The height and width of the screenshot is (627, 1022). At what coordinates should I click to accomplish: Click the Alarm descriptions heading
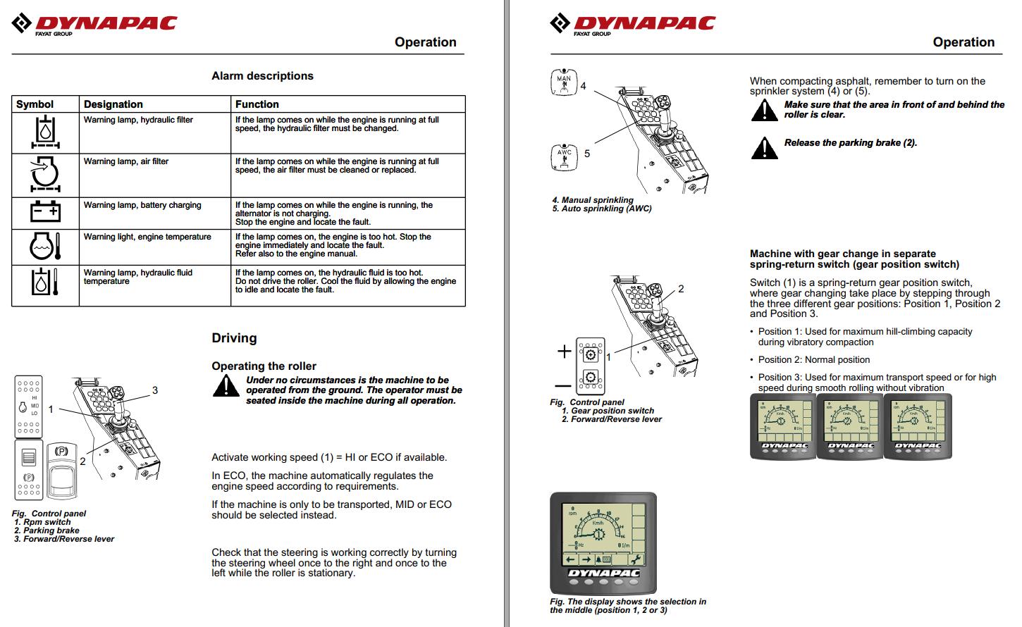coord(262,76)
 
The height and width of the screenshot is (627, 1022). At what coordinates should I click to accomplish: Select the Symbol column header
coord(35,104)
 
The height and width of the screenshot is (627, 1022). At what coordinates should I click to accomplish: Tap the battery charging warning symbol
coord(45,212)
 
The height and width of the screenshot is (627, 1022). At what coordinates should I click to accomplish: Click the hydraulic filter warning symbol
coord(45,132)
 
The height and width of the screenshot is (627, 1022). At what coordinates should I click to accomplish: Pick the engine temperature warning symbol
coord(45,247)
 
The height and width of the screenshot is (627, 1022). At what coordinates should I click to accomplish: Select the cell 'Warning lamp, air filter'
coord(126,161)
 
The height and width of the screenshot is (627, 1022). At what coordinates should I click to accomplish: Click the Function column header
coord(257,104)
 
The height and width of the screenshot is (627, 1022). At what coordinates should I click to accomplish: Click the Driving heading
coord(234,338)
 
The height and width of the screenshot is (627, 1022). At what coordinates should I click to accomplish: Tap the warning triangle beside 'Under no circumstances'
coord(226,386)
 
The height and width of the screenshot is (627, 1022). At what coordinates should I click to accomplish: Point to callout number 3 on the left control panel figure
coord(155,390)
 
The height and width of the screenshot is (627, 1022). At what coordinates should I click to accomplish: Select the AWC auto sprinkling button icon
coord(565,156)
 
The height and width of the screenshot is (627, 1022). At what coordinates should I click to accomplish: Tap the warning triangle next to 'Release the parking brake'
coord(764,148)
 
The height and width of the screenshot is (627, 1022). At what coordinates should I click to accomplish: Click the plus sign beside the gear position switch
coord(564,351)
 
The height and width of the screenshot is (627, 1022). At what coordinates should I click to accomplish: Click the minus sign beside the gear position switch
coord(562,385)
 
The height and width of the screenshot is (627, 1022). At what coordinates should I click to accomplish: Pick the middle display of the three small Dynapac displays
coord(850,426)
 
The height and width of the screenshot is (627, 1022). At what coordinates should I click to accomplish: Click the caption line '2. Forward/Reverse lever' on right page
coord(611,419)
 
